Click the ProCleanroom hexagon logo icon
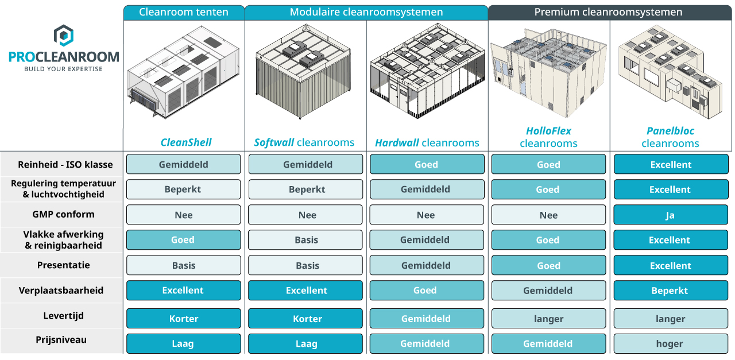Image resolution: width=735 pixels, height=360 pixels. coord(63,36)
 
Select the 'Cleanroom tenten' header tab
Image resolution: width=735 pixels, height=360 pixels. coord(184,13)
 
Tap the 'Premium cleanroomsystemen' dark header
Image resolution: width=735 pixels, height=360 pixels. coord(610,13)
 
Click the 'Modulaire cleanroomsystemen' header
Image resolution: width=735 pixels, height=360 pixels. coord(366,13)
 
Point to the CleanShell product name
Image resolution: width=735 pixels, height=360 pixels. coord(185,142)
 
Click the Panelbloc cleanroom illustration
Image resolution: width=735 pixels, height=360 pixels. coord(670,72)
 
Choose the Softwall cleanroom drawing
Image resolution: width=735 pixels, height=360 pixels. coord(303,71)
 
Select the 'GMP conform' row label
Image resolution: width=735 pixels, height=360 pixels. coord(63,214)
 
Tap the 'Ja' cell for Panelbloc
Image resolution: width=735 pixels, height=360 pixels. coord(671,215)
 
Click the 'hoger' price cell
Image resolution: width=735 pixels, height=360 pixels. coord(671,343)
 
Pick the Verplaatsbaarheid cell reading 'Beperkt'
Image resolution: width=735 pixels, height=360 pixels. coord(671,291)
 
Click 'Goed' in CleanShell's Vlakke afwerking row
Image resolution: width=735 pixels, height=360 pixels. coord(183,240)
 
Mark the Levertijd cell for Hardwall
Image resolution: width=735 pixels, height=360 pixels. coord(427,318)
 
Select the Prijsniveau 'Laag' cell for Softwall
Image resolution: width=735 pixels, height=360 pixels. coord(305,343)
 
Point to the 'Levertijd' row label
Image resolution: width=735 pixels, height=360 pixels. coord(63,316)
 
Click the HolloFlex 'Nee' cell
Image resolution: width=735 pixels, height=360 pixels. coord(548,215)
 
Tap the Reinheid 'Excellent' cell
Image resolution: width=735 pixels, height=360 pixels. coord(671,164)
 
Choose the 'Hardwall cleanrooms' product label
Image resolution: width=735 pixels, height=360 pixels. coord(427,143)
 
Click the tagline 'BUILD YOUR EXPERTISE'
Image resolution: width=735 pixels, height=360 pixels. coord(63,69)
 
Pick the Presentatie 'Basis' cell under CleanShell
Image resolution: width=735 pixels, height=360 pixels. coord(183,265)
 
